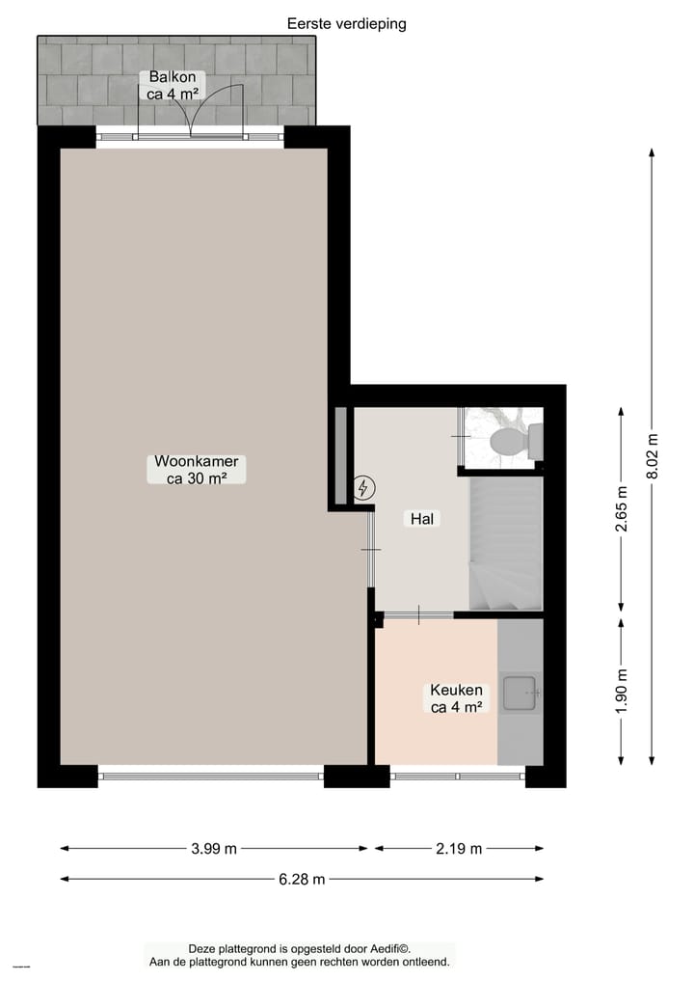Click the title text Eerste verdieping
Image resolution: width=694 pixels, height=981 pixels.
pos(347,24)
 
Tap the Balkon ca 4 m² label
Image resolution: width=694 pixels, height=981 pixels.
pos(174,85)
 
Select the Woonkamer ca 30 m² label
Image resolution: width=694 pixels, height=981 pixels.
pos(197,469)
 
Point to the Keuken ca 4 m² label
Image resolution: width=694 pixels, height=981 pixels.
pos(457,698)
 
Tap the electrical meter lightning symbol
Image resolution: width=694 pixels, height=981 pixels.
pos(363,489)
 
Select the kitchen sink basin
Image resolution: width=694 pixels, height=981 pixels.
pos(521,692)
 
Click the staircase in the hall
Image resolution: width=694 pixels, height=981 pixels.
pos(505,545)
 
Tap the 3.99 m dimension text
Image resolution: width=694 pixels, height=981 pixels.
pos(214,849)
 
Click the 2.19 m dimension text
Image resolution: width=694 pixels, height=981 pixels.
pos(459,849)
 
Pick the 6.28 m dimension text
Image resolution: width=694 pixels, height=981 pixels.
pos(302,879)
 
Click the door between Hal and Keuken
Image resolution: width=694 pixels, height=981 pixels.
pos(418,614)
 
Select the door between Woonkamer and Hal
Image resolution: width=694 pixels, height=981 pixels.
pos(371,550)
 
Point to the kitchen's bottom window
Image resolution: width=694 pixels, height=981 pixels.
pos(458,775)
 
